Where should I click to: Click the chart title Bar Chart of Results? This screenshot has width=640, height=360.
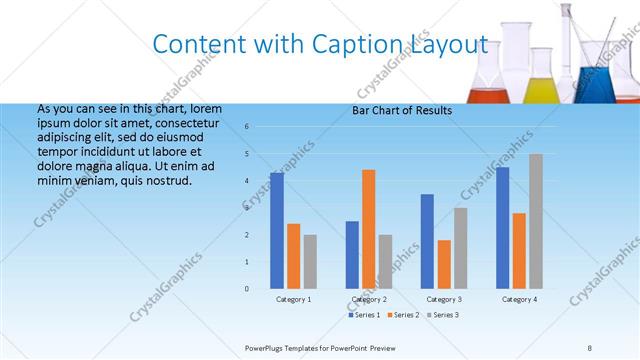tap(402, 110)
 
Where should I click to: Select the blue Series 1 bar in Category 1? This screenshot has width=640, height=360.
tap(277, 230)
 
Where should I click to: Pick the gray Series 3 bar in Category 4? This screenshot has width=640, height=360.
tap(536, 221)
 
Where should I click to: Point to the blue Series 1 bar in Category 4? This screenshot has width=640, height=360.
tap(502, 227)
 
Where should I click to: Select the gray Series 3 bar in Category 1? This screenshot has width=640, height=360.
tap(310, 261)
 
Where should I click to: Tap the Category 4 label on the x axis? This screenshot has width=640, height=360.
tap(519, 299)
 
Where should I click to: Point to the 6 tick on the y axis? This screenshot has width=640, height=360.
tap(247, 127)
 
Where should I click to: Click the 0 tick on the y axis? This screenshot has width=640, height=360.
tap(247, 288)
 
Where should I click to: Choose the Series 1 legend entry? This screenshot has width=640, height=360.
tap(364, 315)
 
